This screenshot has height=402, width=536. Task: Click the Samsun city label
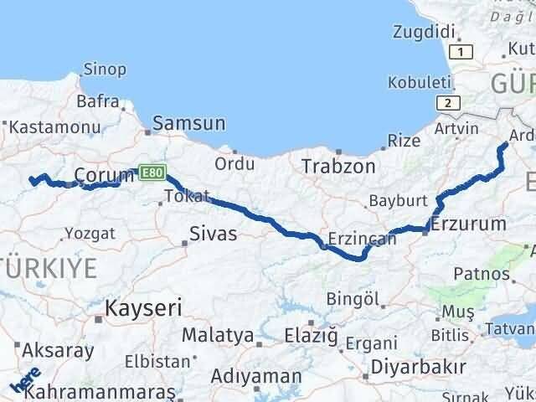click(188, 124)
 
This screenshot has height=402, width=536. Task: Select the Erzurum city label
click(469, 224)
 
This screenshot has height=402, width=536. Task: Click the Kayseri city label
click(143, 307)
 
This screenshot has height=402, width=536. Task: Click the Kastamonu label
click(51, 127)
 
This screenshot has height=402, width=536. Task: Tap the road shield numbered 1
click(465, 52)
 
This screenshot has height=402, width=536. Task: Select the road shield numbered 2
click(449, 103)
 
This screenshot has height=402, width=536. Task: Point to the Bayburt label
click(398, 201)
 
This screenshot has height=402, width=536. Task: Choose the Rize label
click(405, 140)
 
